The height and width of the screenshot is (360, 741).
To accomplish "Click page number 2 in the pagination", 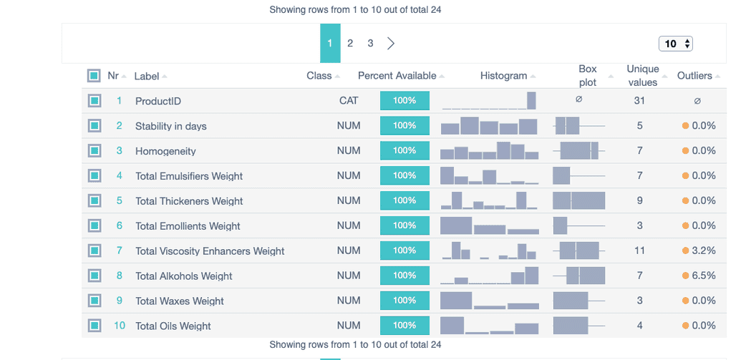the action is [349, 44].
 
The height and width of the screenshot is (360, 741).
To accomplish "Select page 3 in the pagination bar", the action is [370, 44].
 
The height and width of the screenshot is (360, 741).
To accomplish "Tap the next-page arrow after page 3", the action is [391, 44].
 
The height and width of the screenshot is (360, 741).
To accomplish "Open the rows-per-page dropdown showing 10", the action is [675, 44].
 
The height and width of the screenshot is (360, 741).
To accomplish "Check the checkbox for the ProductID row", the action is [94, 101].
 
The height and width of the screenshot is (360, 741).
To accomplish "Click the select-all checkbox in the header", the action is [94, 76].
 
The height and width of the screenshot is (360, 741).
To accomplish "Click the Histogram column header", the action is [503, 76].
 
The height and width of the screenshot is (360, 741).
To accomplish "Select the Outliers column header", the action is [694, 76].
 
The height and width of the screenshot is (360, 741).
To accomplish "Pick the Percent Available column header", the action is [397, 76].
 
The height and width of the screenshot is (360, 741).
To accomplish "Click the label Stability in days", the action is [170, 126].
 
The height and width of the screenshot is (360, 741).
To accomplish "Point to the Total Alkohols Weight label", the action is [184, 276].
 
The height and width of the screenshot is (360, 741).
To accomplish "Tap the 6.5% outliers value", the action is [704, 276].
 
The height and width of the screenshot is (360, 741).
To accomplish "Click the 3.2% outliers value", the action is [704, 250].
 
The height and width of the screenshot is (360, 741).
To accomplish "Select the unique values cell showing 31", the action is [639, 101].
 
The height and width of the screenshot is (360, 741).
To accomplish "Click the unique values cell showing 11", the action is [639, 250].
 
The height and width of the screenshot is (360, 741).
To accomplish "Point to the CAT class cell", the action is [349, 101].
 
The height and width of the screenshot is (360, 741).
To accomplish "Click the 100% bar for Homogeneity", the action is [405, 151].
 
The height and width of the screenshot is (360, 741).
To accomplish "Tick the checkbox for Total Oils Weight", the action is [94, 326].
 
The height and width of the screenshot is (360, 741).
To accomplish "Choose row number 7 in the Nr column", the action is [119, 250].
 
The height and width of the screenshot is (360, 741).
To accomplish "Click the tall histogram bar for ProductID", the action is [531, 100].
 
